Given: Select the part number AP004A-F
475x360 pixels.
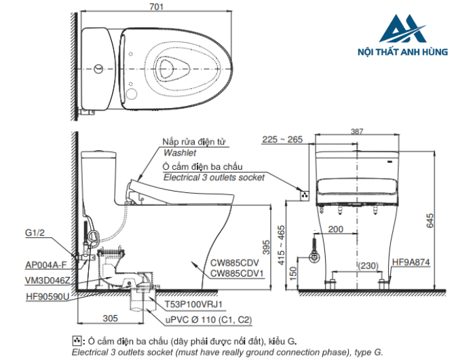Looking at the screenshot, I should coord(46,266).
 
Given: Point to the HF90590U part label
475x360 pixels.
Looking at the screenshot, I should coord(47,297).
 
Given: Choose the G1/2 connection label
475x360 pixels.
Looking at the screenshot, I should coord(36,233).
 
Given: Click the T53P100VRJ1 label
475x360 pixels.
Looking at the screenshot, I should coord(194,305).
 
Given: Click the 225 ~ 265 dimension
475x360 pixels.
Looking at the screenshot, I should coord(282,140).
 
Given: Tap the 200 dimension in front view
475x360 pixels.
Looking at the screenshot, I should coord(335,230).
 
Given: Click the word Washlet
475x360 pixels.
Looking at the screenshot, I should coord(179,154).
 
